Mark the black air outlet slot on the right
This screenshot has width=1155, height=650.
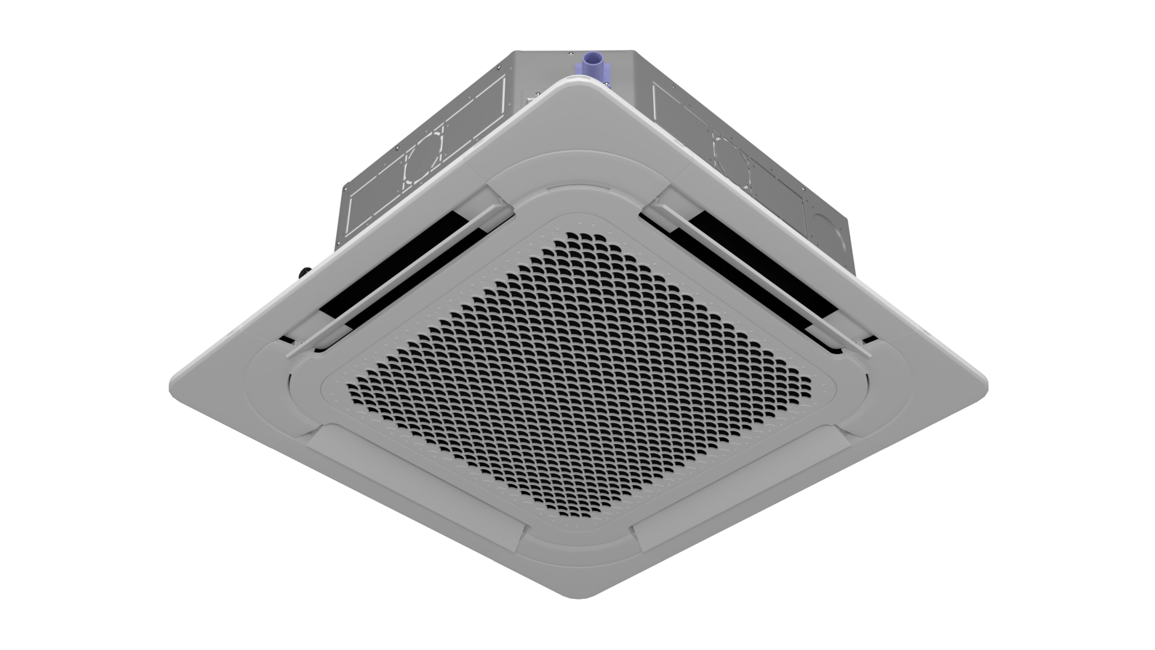click(764, 265)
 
